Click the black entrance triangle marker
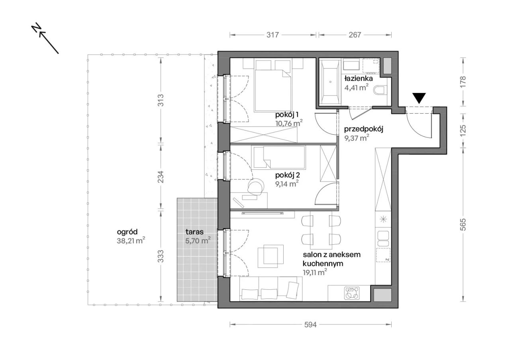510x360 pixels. [419, 98]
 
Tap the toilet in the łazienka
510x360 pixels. [380, 90]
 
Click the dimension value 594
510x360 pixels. [310, 325]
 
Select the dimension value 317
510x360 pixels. [273, 35]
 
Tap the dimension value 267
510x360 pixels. [355, 35]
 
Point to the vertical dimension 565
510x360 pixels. [463, 224]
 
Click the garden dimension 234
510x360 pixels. [161, 177]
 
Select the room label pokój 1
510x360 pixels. [286, 114]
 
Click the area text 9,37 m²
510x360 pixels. [356, 138]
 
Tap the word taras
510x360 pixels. [194, 232]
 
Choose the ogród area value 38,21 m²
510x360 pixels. [131, 241]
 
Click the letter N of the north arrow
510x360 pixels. [36, 28]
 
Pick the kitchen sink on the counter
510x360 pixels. [383, 238]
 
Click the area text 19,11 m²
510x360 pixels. [315, 272]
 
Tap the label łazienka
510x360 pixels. [358, 79]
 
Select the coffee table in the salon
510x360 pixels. [271, 256]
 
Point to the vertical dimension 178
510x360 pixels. [463, 82]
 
